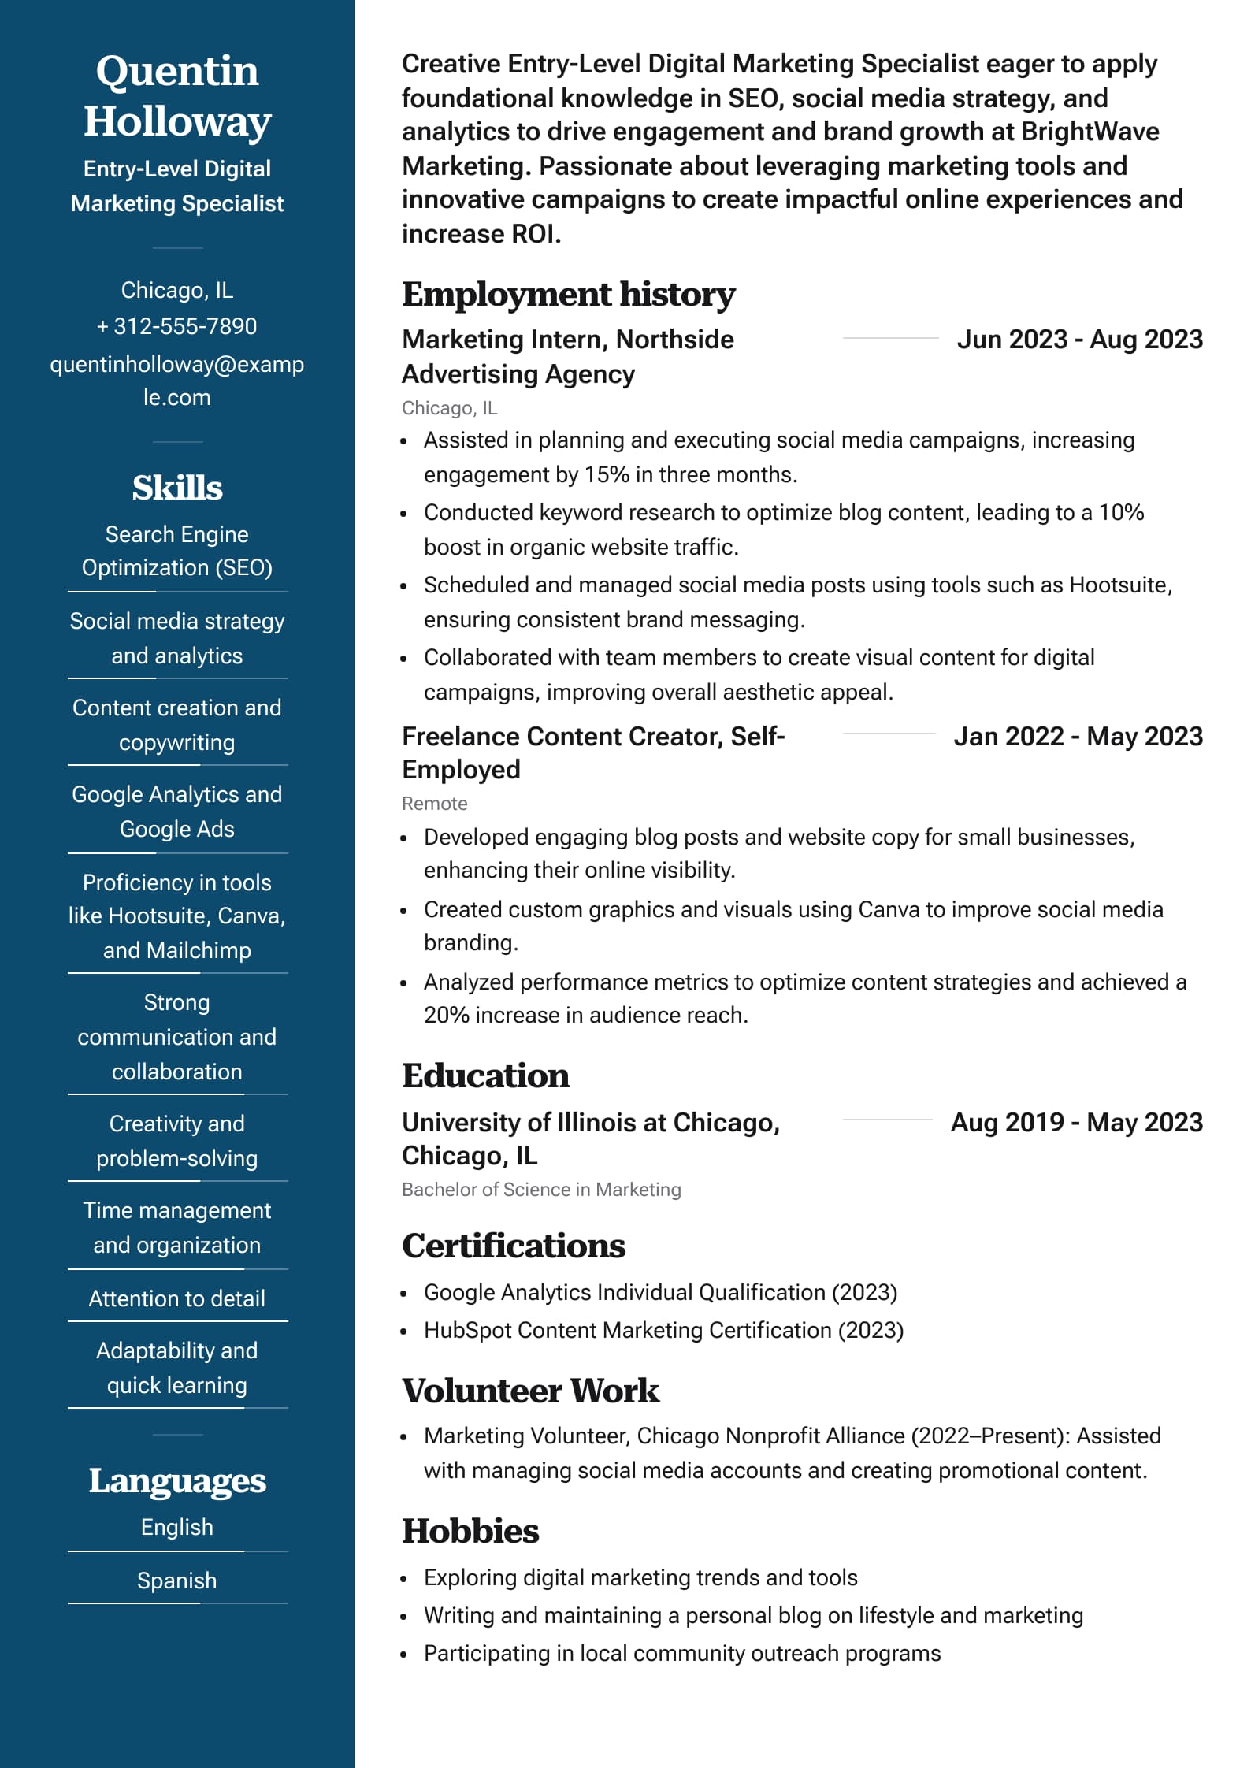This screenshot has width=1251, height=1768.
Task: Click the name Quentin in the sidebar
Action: pyautogui.click(x=177, y=71)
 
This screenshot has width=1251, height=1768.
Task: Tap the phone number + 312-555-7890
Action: pyautogui.click(x=177, y=326)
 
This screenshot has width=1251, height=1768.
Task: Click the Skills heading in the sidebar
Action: pyautogui.click(x=177, y=488)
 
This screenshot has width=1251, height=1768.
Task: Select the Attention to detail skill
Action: pyautogui.click(x=177, y=1298)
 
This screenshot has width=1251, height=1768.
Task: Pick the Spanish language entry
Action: pyautogui.click(x=177, y=1580)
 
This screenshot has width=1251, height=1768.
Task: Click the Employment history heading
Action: pyautogui.click(x=568, y=295)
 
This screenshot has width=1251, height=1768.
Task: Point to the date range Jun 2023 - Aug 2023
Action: pyautogui.click(x=1079, y=340)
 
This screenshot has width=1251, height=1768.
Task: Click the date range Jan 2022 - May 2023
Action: pyautogui.click(x=1078, y=737)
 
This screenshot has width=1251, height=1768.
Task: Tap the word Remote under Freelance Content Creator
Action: pyautogui.click(x=435, y=804)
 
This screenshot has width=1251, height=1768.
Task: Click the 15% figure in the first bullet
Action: pyautogui.click(x=607, y=475)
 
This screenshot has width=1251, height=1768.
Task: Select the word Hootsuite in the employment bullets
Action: pyautogui.click(x=1118, y=585)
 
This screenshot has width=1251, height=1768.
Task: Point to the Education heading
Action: pyautogui.click(x=485, y=1076)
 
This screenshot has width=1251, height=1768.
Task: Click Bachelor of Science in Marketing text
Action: pyautogui.click(x=541, y=1190)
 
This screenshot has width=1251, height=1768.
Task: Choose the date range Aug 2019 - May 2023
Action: pyautogui.click(x=1076, y=1123)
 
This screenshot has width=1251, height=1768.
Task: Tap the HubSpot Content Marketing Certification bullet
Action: pyautogui.click(x=663, y=1331)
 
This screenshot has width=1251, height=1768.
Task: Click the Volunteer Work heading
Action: pyautogui.click(x=530, y=1391)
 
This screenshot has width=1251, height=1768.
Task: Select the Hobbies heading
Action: pyautogui.click(x=470, y=1532)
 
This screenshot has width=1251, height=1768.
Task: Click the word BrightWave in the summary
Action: pyautogui.click(x=1090, y=132)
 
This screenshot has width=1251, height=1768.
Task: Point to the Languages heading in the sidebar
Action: pyautogui.click(x=177, y=1481)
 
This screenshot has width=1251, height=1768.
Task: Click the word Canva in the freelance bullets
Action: pyautogui.click(x=888, y=910)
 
